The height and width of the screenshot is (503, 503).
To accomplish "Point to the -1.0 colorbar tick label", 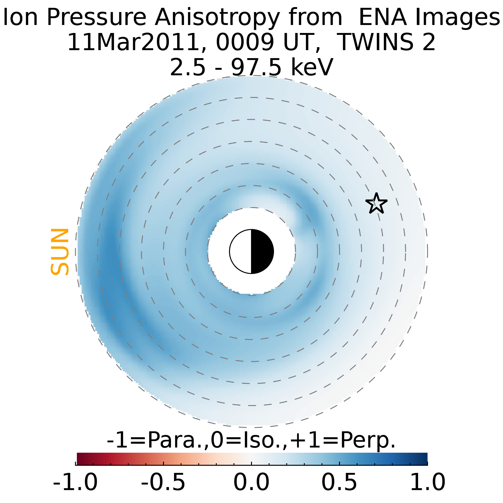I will pyautogui.click(x=75, y=482).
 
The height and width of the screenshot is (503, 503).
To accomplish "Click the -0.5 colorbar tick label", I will pyautogui.click(x=163, y=482).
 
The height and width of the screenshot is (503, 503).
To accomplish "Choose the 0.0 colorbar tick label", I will pyautogui.click(x=251, y=482).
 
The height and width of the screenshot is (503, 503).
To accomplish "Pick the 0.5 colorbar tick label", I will pyautogui.click(x=339, y=482).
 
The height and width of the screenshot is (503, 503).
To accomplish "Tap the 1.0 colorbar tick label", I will pyautogui.click(x=427, y=482).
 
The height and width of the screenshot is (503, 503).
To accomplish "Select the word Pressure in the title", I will pyautogui.click(x=96, y=18).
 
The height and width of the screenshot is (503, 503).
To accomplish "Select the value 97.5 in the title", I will pyautogui.click(x=256, y=67).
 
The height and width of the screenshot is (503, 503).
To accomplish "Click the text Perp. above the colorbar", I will pyautogui.click(x=368, y=440).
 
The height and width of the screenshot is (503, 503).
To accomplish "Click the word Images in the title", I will pyautogui.click(x=457, y=18).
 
